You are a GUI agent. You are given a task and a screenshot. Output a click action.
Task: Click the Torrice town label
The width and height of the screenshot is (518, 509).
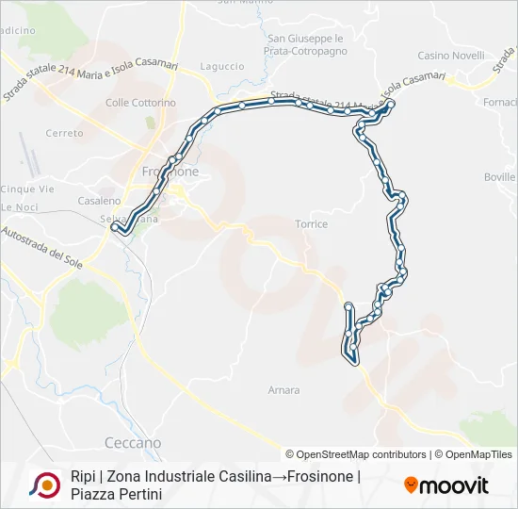pyautogui.click(x=311, y=224)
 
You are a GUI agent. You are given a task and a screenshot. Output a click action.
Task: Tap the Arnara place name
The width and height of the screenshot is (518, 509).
pyautogui.click(x=283, y=390)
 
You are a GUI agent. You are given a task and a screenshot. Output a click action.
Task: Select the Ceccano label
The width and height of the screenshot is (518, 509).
pyautogui.click(x=133, y=442)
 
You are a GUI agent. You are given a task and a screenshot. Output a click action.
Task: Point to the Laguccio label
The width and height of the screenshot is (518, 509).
pyautogui.click(x=222, y=67)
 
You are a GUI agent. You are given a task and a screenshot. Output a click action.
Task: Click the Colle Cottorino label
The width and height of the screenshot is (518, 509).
pyautogui.click(x=140, y=103)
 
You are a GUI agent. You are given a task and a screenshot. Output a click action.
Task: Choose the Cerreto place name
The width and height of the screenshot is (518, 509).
pyautogui.click(x=64, y=134)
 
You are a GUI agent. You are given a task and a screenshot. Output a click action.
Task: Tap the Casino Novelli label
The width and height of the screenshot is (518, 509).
pyautogui.click(x=451, y=56)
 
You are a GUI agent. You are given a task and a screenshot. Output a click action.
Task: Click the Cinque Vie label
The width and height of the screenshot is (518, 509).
pyautogui.click(x=19, y=189)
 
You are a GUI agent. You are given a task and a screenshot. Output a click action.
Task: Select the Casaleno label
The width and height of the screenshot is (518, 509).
pyautogui.click(x=99, y=201)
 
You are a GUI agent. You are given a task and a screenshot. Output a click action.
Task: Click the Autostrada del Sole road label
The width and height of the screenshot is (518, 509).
pyautogui.click(x=44, y=244)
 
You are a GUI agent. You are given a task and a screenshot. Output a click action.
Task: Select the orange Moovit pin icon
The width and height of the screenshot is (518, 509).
pyautogui.click(x=411, y=485)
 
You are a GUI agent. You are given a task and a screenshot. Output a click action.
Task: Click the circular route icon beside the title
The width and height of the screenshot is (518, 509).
pyautogui.click(x=44, y=484)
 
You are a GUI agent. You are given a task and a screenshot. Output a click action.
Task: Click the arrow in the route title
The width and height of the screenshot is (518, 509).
pyautogui.click(x=280, y=477)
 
